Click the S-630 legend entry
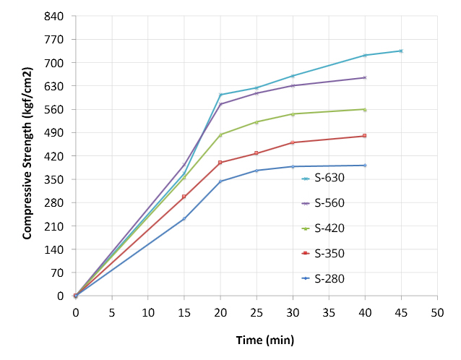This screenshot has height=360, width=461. click(x=328, y=179)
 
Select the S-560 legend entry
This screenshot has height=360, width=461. click(x=328, y=203)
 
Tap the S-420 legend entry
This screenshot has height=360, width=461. click(x=328, y=228)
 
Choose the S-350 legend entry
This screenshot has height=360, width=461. click(x=328, y=253)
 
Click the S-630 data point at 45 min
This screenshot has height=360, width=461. click(x=401, y=51)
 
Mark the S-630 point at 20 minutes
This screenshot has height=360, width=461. click(x=220, y=95)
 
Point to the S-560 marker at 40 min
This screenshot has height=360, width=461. click(x=365, y=77)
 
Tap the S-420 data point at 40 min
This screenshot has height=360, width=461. click(x=365, y=109)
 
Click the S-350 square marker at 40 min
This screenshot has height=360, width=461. click(x=365, y=136)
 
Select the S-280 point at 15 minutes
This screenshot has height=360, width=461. click(x=184, y=218)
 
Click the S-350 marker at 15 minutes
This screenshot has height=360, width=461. click(x=184, y=197)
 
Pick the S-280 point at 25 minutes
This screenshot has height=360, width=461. click(x=257, y=171)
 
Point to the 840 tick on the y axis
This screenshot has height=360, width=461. click(x=55, y=16)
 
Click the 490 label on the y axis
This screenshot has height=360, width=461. click(x=55, y=133)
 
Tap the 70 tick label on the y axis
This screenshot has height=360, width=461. click(x=58, y=273)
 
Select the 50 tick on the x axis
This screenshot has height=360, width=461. click(x=437, y=312)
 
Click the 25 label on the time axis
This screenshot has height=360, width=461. click(x=257, y=312)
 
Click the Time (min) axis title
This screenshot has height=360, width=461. click(x=264, y=340)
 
